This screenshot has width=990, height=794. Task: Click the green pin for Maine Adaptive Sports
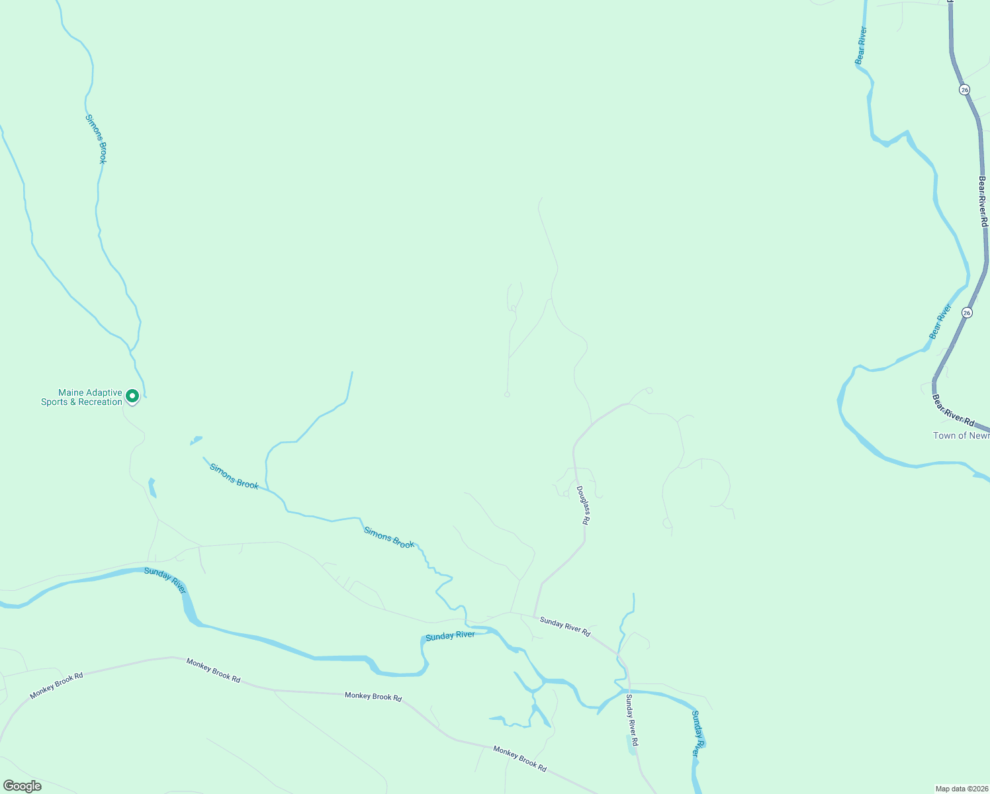click(132, 396)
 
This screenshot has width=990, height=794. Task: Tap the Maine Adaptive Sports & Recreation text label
click(81, 397)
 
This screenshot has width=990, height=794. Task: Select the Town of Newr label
click(961, 435)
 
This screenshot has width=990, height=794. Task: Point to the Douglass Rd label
click(582, 506)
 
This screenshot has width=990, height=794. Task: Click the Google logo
click(22, 786)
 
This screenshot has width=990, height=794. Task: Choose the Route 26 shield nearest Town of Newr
click(967, 312)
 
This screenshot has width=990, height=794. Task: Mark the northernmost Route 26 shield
click(964, 89)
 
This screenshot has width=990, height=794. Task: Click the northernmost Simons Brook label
click(96, 138)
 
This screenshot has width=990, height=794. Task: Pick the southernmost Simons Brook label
click(389, 537)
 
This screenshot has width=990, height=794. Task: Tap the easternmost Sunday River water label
click(696, 733)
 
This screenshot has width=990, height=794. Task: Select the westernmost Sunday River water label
click(165, 580)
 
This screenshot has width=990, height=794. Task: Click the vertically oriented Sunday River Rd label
click(631, 720)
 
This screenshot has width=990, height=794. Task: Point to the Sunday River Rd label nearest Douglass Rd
click(564, 626)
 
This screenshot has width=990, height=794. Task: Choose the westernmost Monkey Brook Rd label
click(57, 685)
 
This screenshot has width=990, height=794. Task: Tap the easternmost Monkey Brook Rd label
click(519, 758)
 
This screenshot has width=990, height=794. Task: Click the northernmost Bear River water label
click(861, 45)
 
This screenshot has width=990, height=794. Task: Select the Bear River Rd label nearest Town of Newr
click(953, 410)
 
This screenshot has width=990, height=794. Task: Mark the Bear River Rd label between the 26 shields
click(983, 201)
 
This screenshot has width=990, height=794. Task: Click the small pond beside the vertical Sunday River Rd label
click(632, 744)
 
